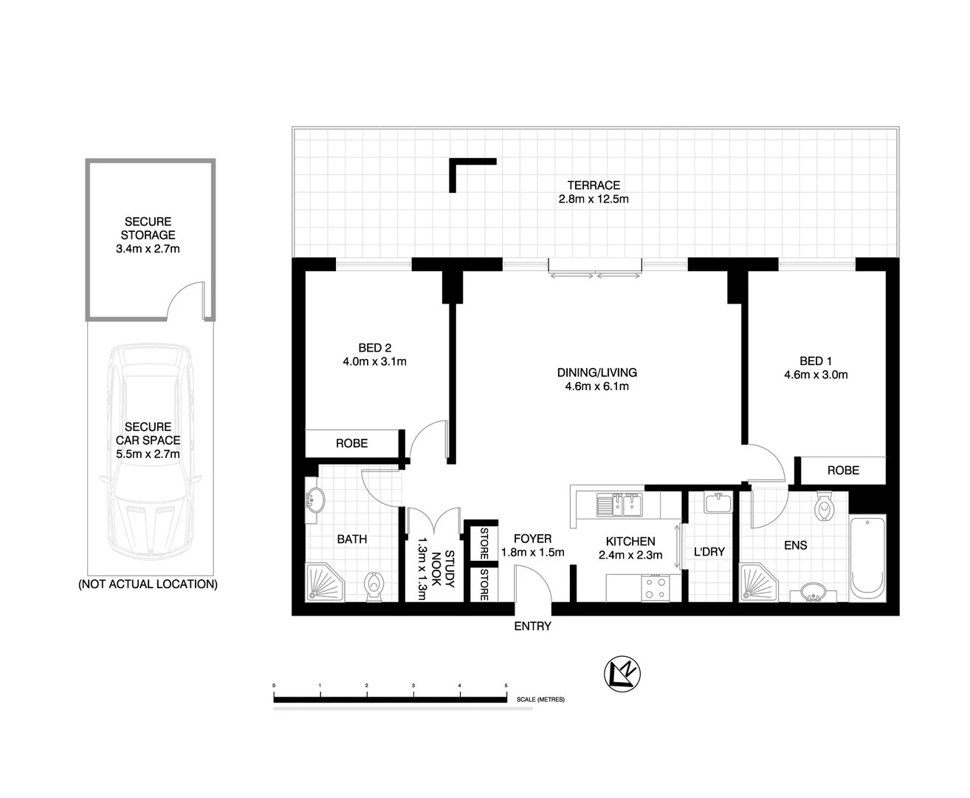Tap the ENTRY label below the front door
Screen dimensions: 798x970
532,627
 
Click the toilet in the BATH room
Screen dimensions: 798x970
374,586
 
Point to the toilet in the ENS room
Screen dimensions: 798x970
824,508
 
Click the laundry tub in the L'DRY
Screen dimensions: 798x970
718,504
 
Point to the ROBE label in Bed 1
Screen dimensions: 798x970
843,470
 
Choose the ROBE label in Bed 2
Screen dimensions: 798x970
351,443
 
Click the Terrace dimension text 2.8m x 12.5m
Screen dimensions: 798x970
594,199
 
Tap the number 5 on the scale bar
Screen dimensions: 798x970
506,686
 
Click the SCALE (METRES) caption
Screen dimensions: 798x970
540,699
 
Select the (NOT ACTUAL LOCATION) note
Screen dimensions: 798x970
148,584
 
